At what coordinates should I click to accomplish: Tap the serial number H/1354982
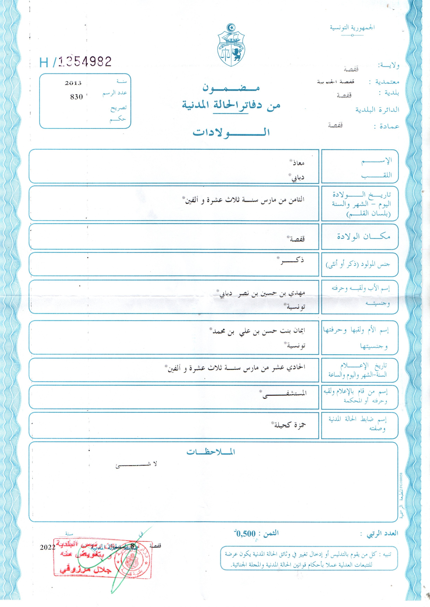76,62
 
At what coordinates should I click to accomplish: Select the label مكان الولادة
363,236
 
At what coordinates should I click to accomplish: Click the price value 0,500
246,534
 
